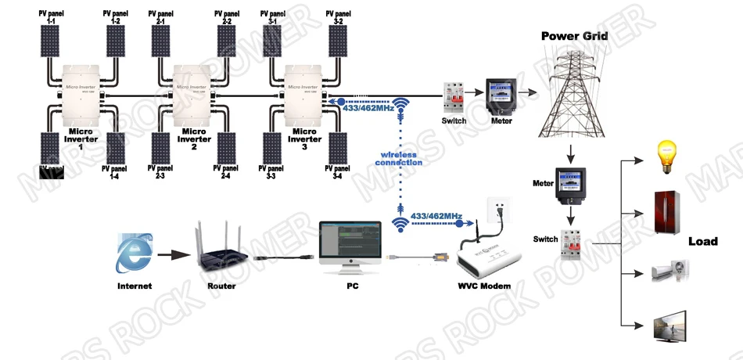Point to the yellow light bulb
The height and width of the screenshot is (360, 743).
pos(666,155)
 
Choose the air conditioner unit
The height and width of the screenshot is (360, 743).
pos(671,271)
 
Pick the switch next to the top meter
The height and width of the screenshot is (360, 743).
pos(453,99)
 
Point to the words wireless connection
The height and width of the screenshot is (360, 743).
pos(402,158)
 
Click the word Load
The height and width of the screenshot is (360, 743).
pos(702,241)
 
